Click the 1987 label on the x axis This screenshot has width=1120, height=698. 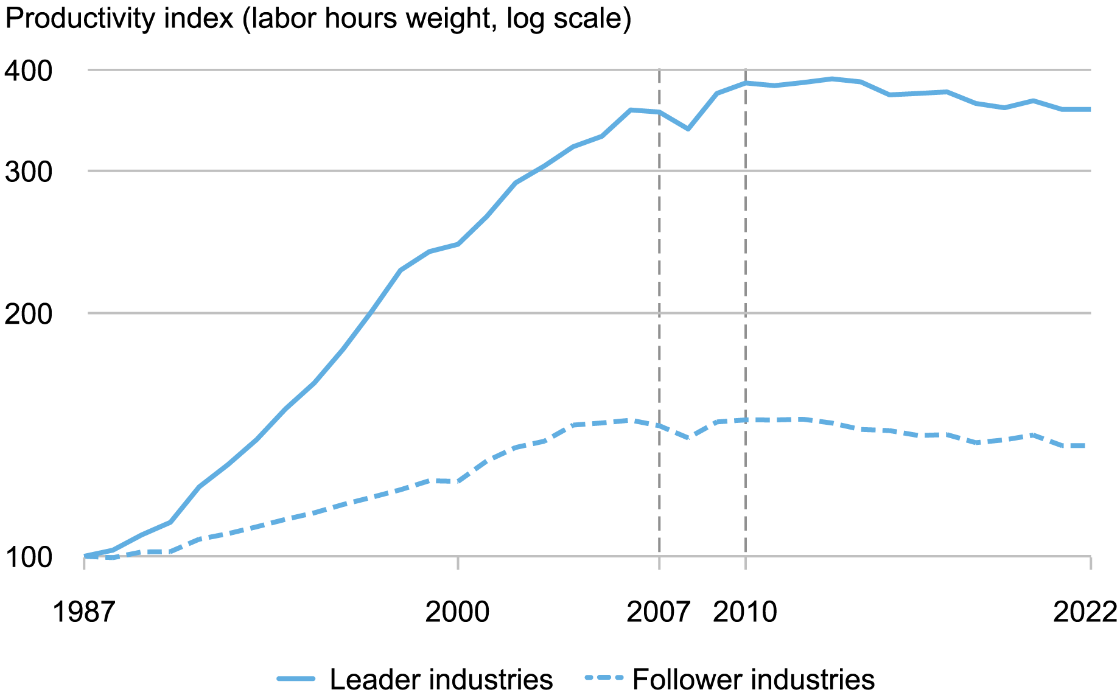pos(83,612)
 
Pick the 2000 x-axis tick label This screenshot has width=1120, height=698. pos(457,612)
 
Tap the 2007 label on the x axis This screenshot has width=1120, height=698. pos(659,612)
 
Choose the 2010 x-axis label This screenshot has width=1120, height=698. pos(745,612)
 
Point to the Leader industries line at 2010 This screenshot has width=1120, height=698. pos(746,83)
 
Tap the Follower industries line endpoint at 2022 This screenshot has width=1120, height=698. pos(1089,446)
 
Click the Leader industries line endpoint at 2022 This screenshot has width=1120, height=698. pos(1089,110)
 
